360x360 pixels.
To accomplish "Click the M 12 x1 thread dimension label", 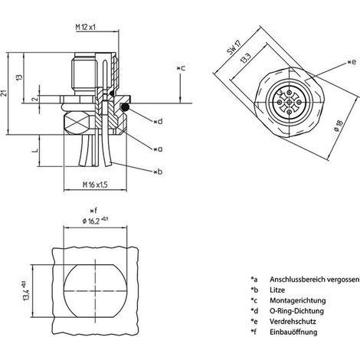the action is click(86, 27).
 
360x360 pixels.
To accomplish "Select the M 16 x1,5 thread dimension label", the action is click(95, 185).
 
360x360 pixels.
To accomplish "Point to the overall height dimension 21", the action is click(4, 93).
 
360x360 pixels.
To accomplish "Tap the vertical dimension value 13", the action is click(19, 77).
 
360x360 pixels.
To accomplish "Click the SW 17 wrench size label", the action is click(234, 47).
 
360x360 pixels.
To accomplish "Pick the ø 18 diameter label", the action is click(339, 126).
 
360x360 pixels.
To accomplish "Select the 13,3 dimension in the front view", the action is click(245, 58).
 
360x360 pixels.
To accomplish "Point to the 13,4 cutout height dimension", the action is click(27, 290).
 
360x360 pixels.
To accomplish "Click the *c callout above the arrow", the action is click(181, 68).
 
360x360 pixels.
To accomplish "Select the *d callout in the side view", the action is click(158, 122).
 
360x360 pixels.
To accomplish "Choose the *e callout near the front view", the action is click(352, 62).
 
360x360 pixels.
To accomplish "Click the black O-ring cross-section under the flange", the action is click(124, 107).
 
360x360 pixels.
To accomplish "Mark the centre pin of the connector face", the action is click(289, 102).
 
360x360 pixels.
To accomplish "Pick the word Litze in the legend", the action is click(277, 290).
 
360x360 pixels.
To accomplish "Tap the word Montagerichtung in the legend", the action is click(298, 300).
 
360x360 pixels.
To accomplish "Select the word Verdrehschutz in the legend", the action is click(293, 321).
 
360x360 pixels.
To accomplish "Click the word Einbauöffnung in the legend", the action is click(293, 332).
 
